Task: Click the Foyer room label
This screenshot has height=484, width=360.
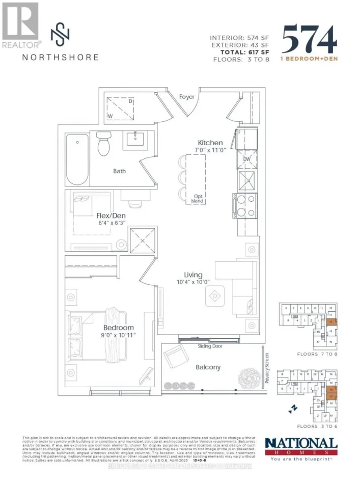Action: tap(186, 97)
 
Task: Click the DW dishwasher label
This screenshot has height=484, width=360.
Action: tap(246, 159)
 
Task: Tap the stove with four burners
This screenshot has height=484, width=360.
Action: tap(241, 205)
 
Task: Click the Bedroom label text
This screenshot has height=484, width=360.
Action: tap(119, 328)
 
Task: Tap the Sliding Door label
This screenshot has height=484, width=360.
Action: tap(210, 345)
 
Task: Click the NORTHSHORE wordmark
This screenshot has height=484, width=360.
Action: tap(60, 57)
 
